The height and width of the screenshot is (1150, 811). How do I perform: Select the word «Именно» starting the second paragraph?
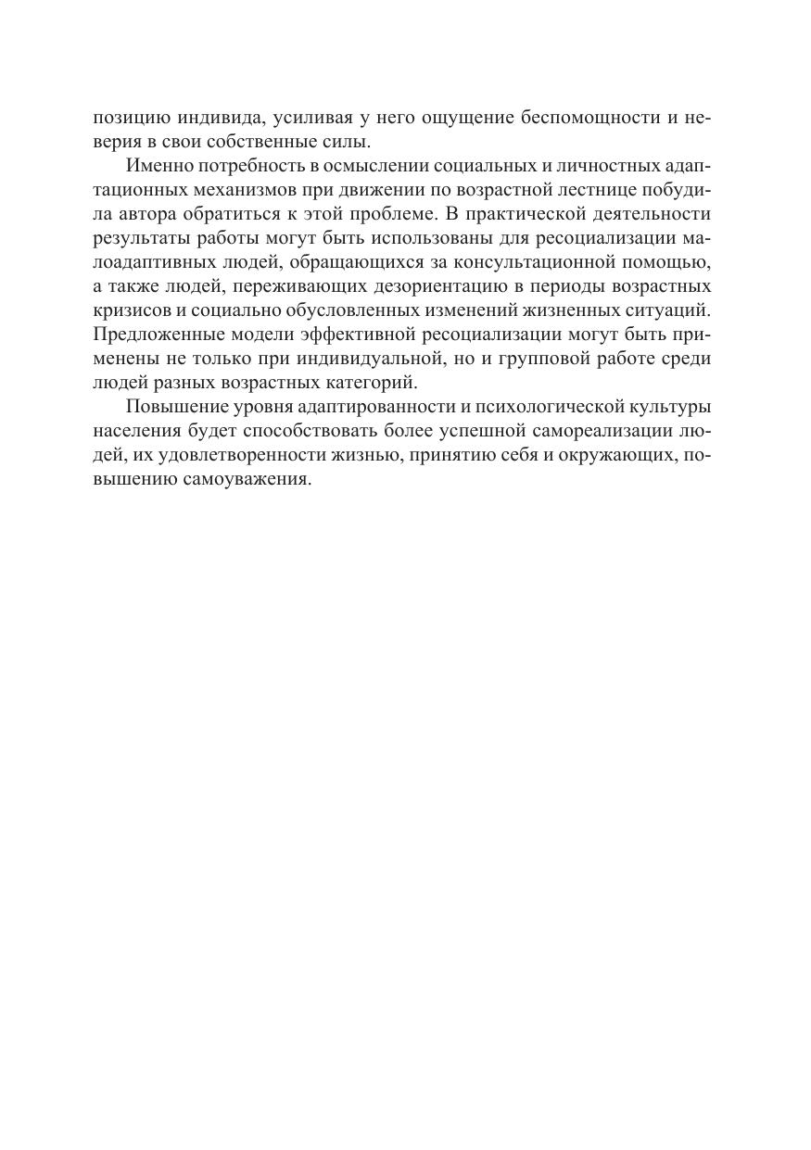(157, 166)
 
